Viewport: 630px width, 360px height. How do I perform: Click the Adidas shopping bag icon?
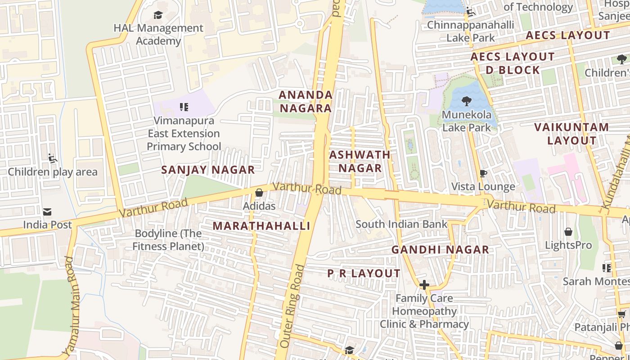[259, 193]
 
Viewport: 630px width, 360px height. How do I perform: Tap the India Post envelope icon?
[47, 212]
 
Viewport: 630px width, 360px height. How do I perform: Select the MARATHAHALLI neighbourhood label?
[261, 226]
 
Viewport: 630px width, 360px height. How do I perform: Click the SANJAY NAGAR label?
[208, 170]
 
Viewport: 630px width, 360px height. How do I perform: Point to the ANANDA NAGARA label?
[306, 101]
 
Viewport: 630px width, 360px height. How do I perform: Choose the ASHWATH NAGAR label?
[360, 161]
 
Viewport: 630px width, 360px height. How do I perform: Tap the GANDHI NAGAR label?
[440, 250]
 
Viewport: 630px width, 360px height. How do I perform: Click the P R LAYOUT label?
[364, 274]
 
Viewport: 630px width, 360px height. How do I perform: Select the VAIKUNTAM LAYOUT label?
[571, 134]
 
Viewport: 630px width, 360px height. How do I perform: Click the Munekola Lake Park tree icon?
[466, 101]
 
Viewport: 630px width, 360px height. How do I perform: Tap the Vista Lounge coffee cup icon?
[483, 173]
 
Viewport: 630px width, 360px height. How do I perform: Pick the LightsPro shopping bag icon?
[568, 232]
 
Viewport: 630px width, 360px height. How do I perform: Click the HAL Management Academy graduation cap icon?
[158, 15]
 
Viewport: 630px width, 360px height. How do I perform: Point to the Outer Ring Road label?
[292, 306]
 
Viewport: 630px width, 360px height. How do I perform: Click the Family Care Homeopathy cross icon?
[424, 285]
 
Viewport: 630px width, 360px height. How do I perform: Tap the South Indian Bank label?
[401, 224]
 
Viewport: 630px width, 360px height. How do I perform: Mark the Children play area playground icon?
[53, 158]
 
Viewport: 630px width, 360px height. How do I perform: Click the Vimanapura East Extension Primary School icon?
[184, 107]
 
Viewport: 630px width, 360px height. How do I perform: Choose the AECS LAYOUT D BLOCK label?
[513, 63]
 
